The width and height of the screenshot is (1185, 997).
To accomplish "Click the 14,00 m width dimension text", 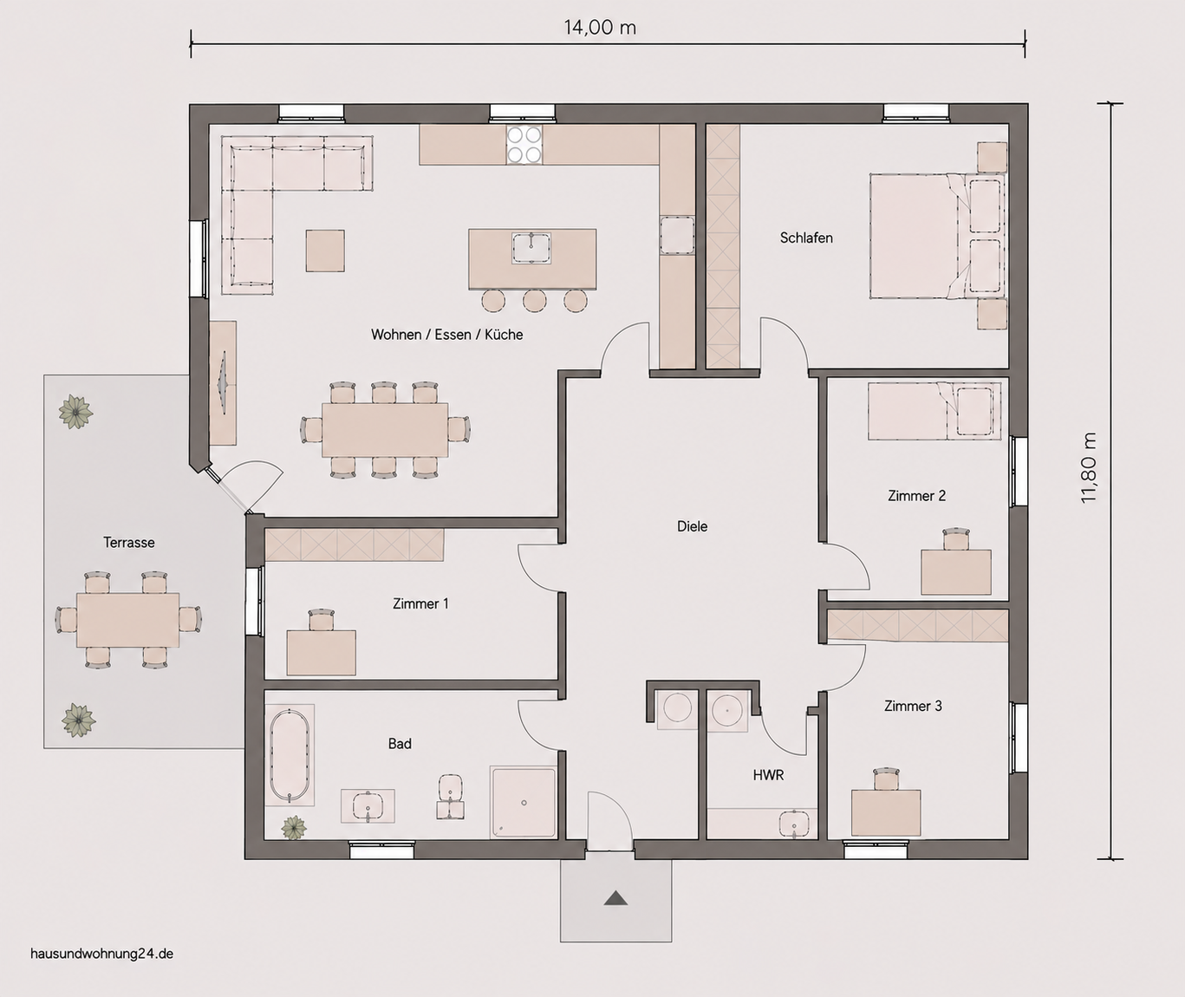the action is click(600, 27).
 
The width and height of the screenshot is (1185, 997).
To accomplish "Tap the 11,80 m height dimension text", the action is click(1089, 468).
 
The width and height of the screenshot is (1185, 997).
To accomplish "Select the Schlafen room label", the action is click(806, 238).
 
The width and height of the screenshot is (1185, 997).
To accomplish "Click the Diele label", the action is click(693, 526).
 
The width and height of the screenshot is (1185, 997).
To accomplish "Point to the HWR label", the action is click(768, 775).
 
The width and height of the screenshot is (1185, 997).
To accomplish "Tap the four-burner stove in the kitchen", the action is click(524, 145).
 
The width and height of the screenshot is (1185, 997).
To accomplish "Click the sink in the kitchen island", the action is click(531, 248).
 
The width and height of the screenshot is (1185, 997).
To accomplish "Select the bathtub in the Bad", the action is click(290, 755).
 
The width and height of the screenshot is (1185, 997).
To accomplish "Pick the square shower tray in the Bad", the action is click(524, 802).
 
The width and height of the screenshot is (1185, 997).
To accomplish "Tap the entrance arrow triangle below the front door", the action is click(615, 898).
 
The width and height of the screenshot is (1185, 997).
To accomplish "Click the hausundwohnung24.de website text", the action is click(102, 954).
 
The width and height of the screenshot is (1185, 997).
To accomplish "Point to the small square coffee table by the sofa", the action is click(325, 251).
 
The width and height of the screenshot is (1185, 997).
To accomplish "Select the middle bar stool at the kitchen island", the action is click(535, 301).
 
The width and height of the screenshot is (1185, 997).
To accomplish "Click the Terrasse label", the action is click(129, 543).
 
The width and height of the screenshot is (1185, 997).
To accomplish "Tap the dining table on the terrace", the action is click(128, 620).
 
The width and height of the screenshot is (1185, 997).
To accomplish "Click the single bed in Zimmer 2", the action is click(934, 411).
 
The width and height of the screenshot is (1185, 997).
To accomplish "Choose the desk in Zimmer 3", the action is click(886, 812).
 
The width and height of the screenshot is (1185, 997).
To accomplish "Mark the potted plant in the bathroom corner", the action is click(294, 828).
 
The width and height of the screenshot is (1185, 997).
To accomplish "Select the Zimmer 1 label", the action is click(420, 603).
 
